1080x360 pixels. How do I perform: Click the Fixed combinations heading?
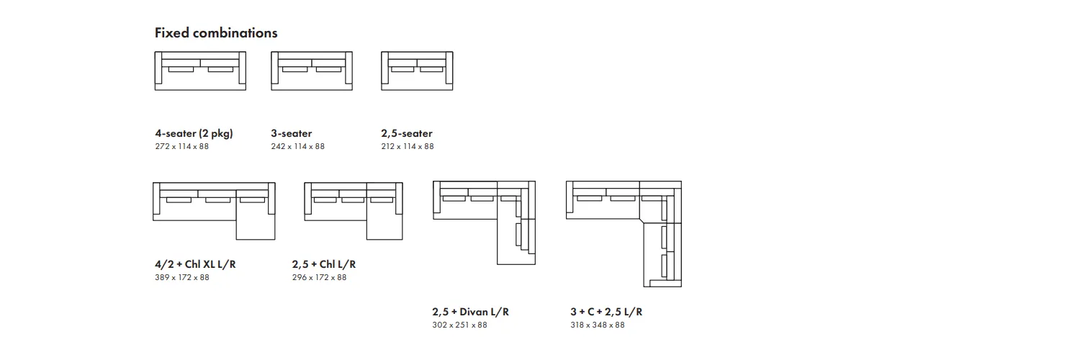point(216,33)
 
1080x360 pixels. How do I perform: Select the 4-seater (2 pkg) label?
point(194,133)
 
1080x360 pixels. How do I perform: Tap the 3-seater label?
point(291,133)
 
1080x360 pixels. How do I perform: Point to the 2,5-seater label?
point(407,133)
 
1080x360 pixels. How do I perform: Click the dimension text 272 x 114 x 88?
point(181,146)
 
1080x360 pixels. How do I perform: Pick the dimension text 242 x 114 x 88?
point(297,146)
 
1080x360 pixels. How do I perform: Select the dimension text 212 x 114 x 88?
point(408,146)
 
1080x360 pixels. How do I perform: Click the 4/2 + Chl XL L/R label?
point(195,264)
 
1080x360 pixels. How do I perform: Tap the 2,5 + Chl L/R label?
point(324,264)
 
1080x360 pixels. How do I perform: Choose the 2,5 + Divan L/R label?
point(471,312)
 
